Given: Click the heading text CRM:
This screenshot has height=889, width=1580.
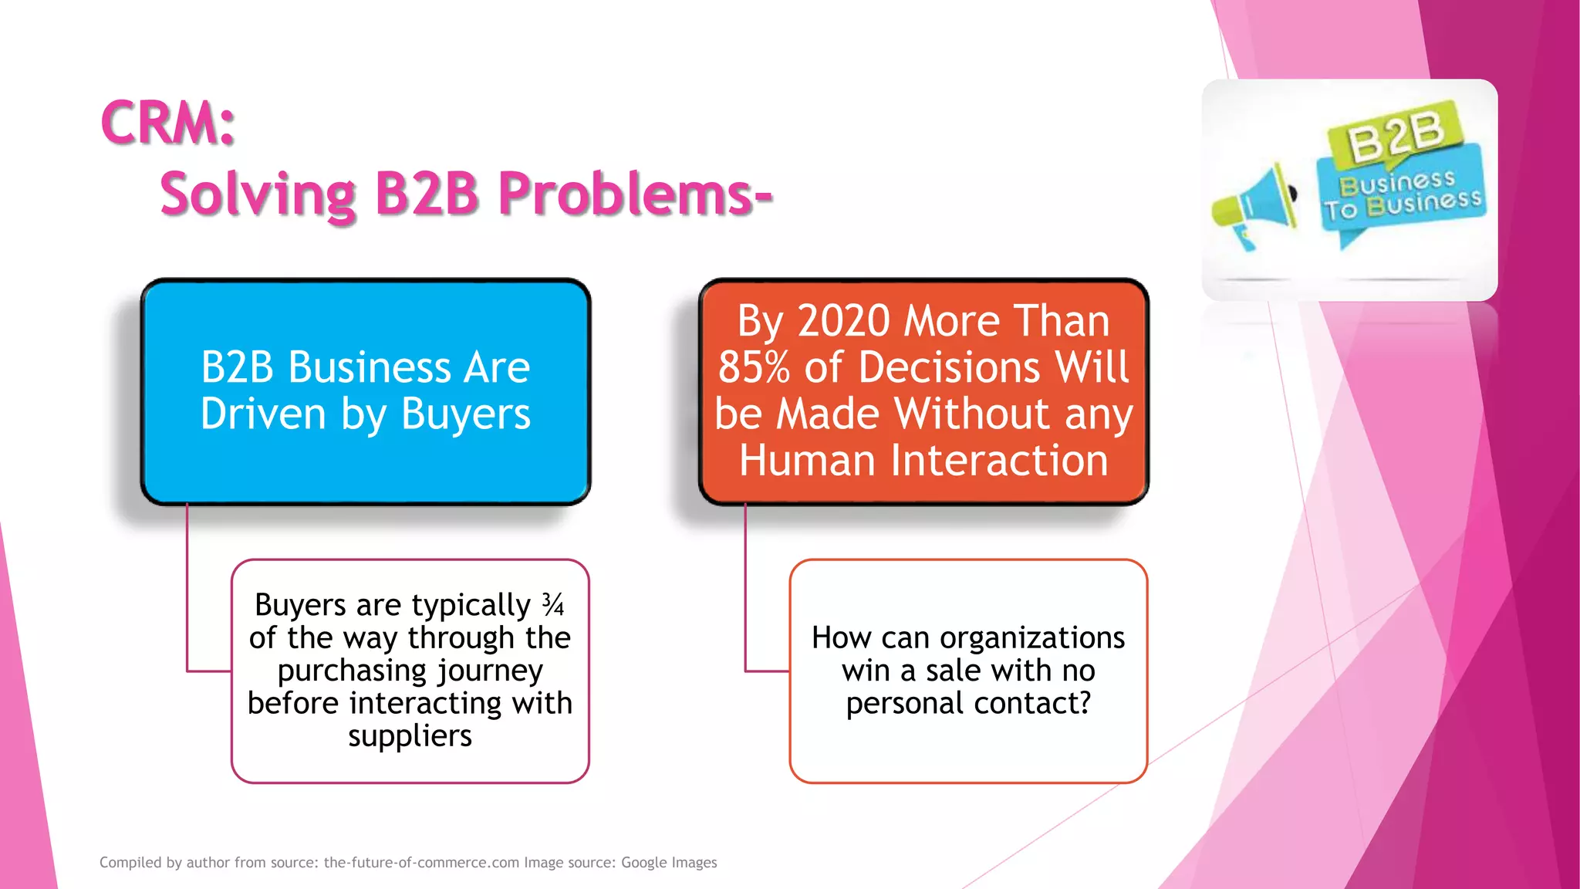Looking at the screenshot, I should point(167,123).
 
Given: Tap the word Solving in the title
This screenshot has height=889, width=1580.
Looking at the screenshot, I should point(258,194).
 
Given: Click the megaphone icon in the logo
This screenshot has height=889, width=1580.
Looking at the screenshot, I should point(1256,205).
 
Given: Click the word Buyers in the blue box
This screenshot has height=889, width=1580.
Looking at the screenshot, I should point(466,415).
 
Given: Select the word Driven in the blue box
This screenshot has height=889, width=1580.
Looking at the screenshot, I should point(263,414).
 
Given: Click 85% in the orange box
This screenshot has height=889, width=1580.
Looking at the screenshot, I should point(754,367).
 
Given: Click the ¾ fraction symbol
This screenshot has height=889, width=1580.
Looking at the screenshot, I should point(552,604).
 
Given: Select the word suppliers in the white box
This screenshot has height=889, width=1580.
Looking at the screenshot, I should point(410,735).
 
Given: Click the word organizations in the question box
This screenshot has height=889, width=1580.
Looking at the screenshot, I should point(1032,638).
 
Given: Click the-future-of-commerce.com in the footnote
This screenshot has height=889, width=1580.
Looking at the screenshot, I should point(421,863).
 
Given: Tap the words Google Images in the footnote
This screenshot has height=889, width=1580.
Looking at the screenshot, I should point(669,863).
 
